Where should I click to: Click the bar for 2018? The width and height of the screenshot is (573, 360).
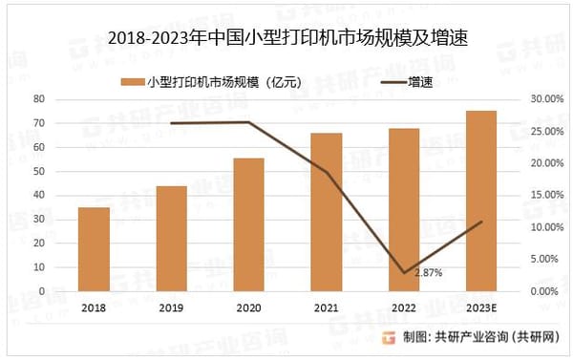click(94, 249)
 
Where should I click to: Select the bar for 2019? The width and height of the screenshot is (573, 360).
click(171, 239)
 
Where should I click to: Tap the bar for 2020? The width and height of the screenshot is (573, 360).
click(249, 224)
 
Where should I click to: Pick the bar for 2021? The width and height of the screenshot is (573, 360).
click(327, 212)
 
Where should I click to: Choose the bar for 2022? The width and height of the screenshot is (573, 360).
click(404, 210)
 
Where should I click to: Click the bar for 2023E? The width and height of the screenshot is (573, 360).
click(481, 201)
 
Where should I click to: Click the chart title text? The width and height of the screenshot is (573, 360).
click(286, 39)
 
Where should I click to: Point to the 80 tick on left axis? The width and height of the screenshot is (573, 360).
click(40, 99)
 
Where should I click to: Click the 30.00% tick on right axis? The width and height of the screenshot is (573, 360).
click(539, 99)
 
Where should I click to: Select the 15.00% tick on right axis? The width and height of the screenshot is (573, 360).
click(539, 195)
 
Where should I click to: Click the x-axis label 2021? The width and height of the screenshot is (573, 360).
click(327, 307)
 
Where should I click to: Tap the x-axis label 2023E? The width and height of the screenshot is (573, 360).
click(481, 307)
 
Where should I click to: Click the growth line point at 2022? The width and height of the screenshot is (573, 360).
click(404, 273)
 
